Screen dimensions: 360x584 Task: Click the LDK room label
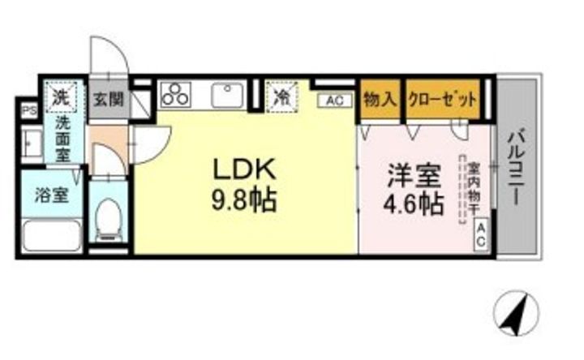[245, 170]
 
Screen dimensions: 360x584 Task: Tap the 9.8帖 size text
[244, 199]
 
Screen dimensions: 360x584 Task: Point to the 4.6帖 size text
[413, 203]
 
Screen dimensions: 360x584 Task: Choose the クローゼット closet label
[443, 100]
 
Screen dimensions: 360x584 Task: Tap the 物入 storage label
[380, 100]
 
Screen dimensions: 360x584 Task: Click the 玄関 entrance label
[108, 100]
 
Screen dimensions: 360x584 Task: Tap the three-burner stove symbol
[175, 95]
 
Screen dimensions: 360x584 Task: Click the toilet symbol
[108, 217]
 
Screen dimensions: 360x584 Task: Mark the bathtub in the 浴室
[50, 234]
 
